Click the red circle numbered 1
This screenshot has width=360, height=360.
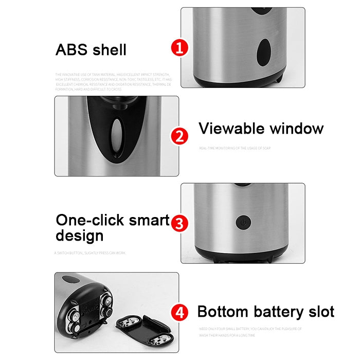[179, 49]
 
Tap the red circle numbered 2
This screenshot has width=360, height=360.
[179, 136]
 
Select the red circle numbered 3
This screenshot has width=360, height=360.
[178, 223]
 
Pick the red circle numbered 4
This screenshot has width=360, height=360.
[178, 312]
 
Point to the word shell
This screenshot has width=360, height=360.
[110, 50]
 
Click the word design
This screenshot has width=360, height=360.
[79, 236]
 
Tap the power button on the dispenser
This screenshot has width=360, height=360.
[242, 222]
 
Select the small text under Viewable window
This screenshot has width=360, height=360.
[235, 148]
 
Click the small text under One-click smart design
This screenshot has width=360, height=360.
[90, 253]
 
